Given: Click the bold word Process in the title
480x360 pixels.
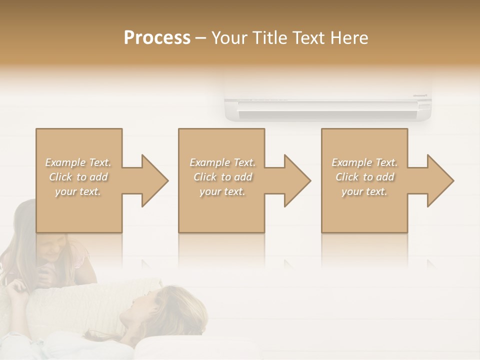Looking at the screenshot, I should [x=157, y=38].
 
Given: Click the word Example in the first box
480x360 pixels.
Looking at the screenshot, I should [x=65, y=162].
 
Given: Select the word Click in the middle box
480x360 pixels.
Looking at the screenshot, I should [x=205, y=177].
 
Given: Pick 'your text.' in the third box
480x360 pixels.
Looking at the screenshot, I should [x=364, y=191].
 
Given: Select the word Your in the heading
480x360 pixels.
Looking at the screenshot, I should [x=227, y=38].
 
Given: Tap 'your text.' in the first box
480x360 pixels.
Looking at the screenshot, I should [x=78, y=191].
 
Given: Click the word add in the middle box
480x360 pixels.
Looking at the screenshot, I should [x=242, y=177].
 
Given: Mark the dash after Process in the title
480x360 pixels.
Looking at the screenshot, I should [x=200, y=38].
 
